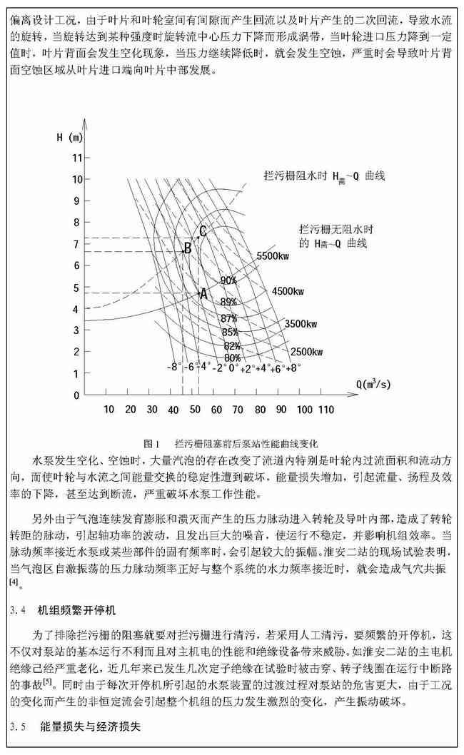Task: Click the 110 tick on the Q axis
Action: (326, 409)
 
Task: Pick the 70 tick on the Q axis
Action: (238, 409)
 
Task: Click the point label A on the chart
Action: (203, 293)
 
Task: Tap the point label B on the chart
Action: (186, 248)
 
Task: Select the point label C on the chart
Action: (203, 230)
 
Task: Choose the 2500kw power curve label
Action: (308, 352)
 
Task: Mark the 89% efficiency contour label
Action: (228, 302)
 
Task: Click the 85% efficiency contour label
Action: (230, 332)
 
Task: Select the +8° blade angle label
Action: (293, 368)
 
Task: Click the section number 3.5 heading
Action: (19, 727)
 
